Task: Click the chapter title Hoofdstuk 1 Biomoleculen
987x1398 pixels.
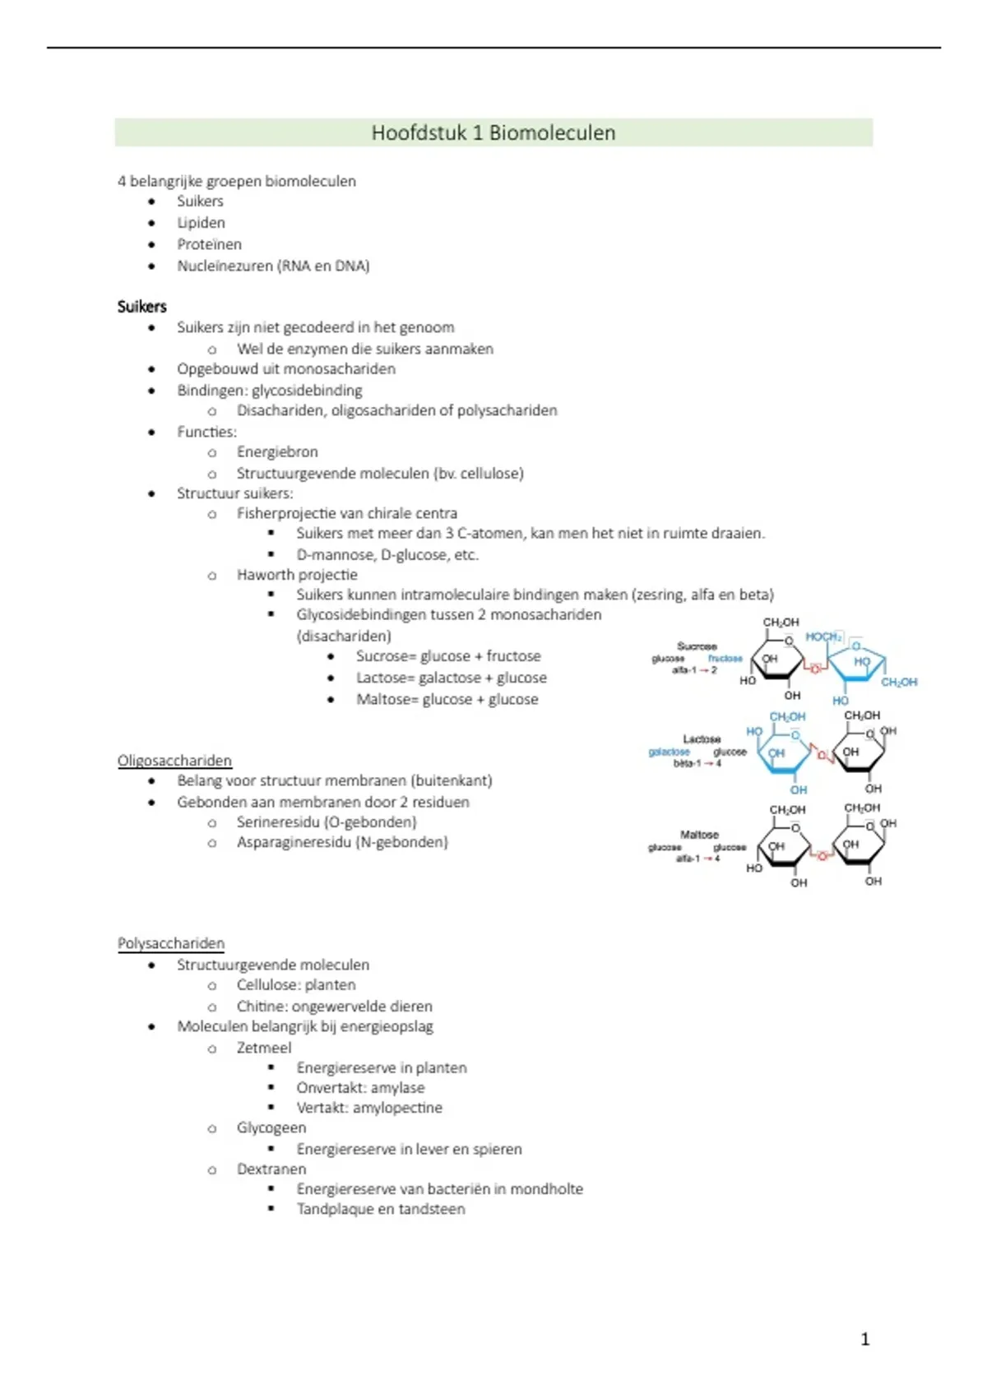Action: tap(493, 133)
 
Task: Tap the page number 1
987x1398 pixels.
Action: tap(864, 1340)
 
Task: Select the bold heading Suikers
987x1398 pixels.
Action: tap(141, 307)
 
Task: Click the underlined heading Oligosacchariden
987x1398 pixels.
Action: tap(174, 761)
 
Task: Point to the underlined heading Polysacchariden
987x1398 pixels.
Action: tap(171, 943)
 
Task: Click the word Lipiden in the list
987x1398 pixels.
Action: tap(201, 223)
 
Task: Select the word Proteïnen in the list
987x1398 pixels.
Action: tap(209, 244)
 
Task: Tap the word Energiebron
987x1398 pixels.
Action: tap(277, 451)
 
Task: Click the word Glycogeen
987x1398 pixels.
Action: tap(271, 1127)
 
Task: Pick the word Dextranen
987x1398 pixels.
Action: tap(271, 1169)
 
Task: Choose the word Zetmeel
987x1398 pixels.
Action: tap(264, 1048)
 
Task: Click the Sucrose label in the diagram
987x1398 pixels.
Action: tap(697, 646)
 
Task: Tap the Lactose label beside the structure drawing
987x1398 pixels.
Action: tap(702, 739)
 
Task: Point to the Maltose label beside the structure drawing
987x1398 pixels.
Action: tap(699, 835)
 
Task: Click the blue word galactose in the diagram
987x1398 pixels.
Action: tap(669, 752)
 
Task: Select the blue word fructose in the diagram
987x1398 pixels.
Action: tap(725, 659)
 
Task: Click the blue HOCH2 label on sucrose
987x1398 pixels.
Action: tap(822, 637)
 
